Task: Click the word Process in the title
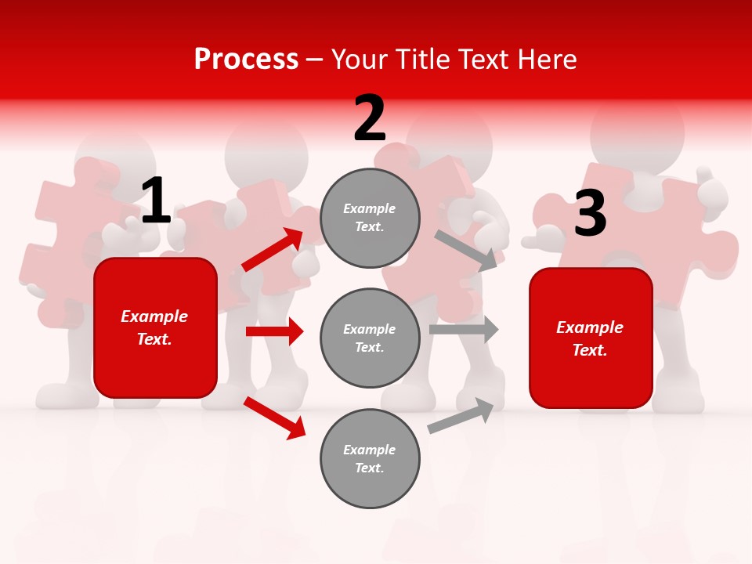click(246, 59)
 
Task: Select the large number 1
click(155, 201)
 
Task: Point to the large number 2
click(370, 119)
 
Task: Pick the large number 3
click(590, 214)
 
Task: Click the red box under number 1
click(155, 327)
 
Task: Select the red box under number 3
click(591, 338)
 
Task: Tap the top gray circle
click(370, 218)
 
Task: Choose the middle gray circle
click(370, 338)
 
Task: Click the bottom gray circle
click(370, 459)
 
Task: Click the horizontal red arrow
click(274, 331)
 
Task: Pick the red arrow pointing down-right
click(275, 418)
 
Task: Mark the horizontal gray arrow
click(464, 330)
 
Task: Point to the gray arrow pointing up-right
click(461, 415)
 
